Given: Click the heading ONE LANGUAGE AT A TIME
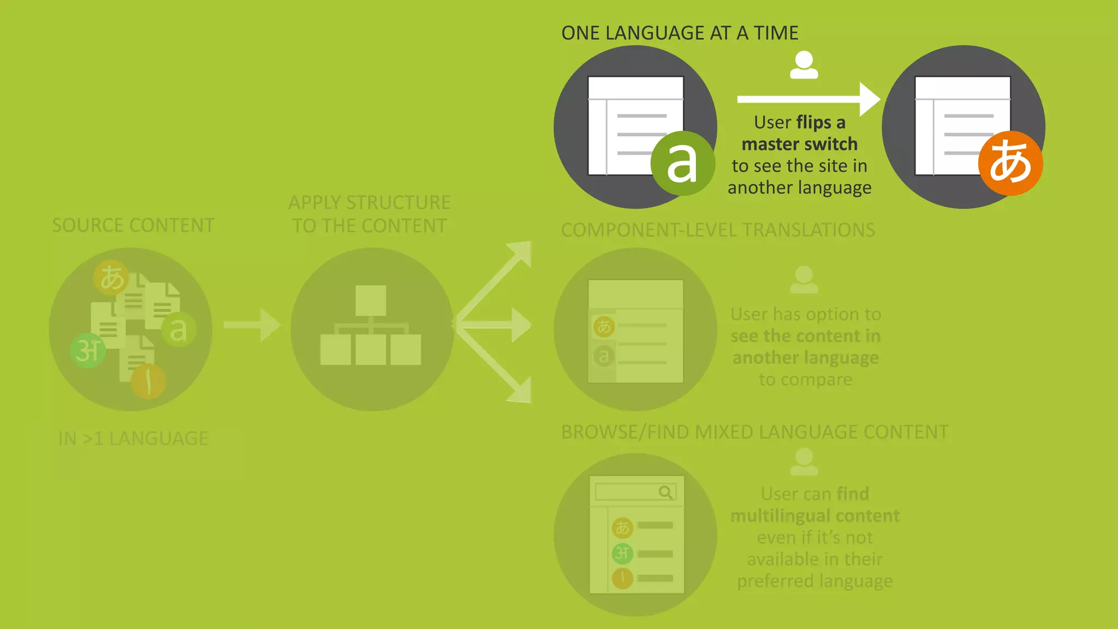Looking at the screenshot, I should coord(680,33).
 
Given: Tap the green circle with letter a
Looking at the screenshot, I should coord(682,163).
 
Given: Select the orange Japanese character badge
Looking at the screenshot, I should coord(1010,163).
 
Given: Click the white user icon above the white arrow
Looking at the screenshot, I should coord(804,65).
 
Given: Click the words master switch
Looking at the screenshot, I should coord(799,144).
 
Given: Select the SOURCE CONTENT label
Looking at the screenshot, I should coord(133,226).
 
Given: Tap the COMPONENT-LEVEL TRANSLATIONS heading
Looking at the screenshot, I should coord(718,230).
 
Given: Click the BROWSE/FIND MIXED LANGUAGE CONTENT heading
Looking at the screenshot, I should coord(754,432).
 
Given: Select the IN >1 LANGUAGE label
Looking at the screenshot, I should coord(133,438).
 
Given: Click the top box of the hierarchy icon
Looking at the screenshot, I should coord(371,300).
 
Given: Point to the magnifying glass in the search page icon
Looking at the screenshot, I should coord(665,492).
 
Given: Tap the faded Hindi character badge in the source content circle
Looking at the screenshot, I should coord(88,351).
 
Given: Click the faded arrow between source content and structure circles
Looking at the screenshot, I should coord(252,325).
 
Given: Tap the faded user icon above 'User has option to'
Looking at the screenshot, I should coord(804,279).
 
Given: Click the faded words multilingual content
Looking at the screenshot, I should coord(814,516).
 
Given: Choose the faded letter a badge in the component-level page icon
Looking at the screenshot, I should coord(604,356).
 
